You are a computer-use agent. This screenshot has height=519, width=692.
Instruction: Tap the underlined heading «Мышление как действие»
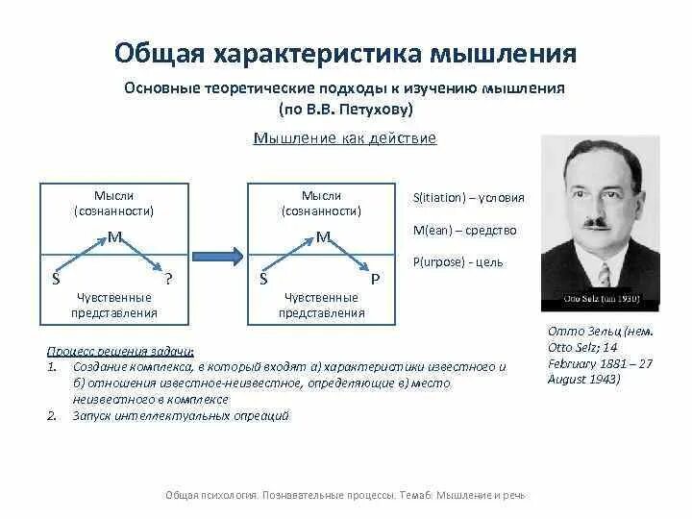click(x=345, y=138)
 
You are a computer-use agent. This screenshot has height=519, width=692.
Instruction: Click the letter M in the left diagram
click(x=113, y=236)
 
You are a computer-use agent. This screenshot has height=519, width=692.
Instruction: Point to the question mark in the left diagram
click(x=169, y=279)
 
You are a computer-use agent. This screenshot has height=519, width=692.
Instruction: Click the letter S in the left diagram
click(x=56, y=279)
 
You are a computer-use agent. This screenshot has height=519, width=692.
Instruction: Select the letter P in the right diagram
click(x=376, y=279)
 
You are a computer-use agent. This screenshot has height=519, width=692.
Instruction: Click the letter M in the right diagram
click(x=323, y=236)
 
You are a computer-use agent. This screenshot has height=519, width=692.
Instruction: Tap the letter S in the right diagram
click(x=263, y=279)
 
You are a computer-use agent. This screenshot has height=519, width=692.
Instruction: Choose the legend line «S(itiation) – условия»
click(x=468, y=198)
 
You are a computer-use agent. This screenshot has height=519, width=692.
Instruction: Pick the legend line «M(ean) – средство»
click(x=464, y=230)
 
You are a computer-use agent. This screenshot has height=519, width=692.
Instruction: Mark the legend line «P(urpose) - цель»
click(x=457, y=261)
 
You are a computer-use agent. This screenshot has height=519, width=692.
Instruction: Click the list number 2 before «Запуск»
click(x=51, y=416)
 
